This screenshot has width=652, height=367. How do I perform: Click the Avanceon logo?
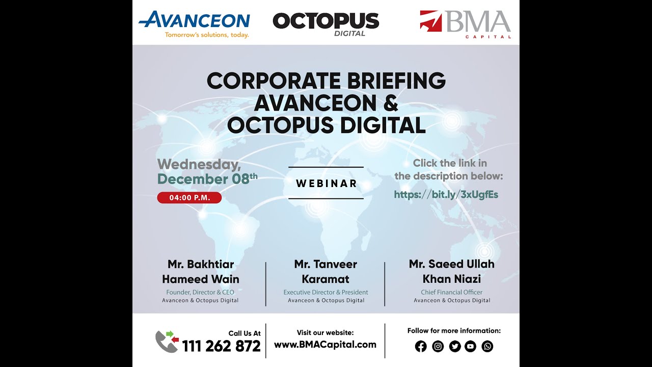tap(194, 21)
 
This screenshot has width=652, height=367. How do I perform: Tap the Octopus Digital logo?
tap(326, 22)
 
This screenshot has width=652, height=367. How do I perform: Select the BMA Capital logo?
tap(465, 23)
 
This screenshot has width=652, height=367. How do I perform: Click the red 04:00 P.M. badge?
tap(189, 198)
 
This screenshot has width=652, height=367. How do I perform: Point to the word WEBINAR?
tap(326, 183)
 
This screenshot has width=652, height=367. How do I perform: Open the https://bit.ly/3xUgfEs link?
tap(446, 194)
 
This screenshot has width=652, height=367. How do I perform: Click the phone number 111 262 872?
tap(221, 346)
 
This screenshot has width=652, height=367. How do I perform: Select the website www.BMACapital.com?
tap(325, 345)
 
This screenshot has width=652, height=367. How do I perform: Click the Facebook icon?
tap(421, 347)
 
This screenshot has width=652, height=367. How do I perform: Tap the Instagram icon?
tap(438, 347)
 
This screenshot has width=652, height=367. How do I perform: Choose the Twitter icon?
tap(454, 347)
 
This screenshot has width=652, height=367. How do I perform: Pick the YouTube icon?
tap(471, 347)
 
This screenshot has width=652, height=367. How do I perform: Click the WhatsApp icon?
tap(487, 347)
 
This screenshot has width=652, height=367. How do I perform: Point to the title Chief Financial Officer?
tap(451, 293)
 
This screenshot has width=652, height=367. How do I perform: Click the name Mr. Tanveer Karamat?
tap(325, 271)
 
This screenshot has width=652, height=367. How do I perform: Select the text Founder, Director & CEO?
tap(200, 293)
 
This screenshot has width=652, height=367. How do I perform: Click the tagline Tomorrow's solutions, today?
tap(207, 35)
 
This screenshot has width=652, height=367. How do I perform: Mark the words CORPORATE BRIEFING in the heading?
tap(326, 81)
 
